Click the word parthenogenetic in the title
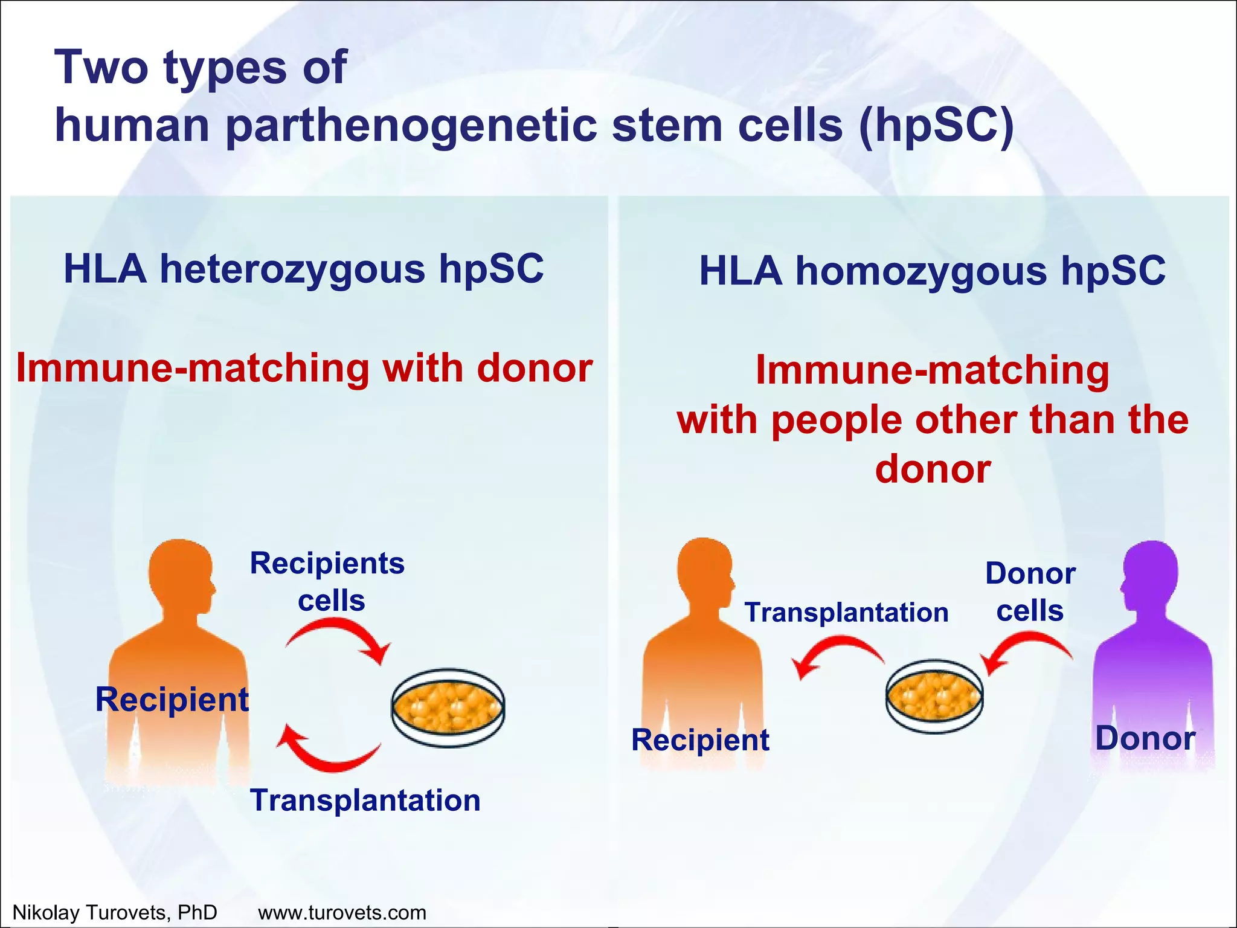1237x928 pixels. [412, 126]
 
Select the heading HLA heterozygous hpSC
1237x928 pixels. [304, 269]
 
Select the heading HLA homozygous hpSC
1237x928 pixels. [931, 271]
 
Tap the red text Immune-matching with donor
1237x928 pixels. [304, 368]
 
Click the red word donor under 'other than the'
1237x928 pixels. [933, 469]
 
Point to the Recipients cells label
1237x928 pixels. [327, 581]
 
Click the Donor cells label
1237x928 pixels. [1030, 591]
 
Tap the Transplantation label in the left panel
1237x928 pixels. [365, 800]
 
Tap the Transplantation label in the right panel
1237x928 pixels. [846, 612]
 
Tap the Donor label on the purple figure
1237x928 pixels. [1145, 738]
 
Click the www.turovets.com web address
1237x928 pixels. [342, 912]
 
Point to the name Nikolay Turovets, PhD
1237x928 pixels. [115, 912]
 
